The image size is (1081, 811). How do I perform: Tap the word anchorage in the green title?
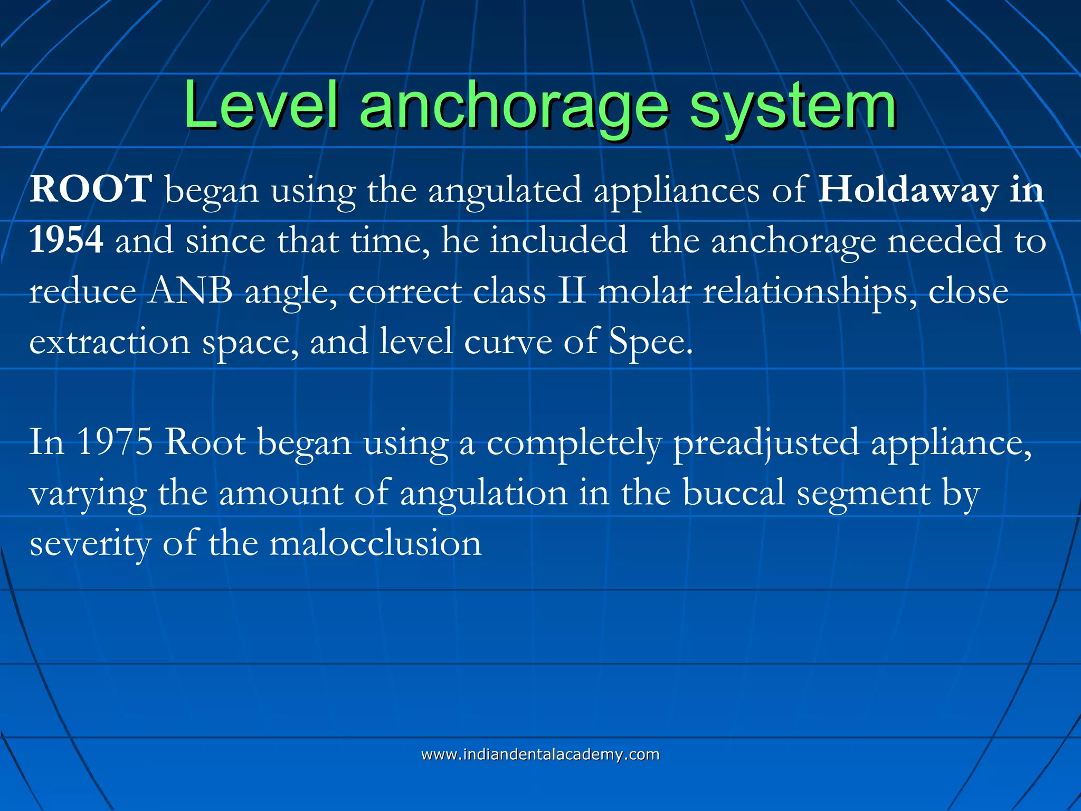coord(515,108)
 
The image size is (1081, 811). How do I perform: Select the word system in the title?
coord(792,108)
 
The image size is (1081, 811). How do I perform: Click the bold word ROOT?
coord(91,189)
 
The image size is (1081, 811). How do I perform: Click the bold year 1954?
coord(66,240)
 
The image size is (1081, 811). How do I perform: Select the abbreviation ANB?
coord(189,291)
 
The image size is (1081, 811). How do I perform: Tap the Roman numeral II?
coord(572,291)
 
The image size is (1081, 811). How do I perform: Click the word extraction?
coord(109,342)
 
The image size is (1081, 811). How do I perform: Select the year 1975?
coord(115,442)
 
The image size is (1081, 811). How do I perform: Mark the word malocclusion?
coord(375,544)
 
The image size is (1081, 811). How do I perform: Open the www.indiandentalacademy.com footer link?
coord(540,755)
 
